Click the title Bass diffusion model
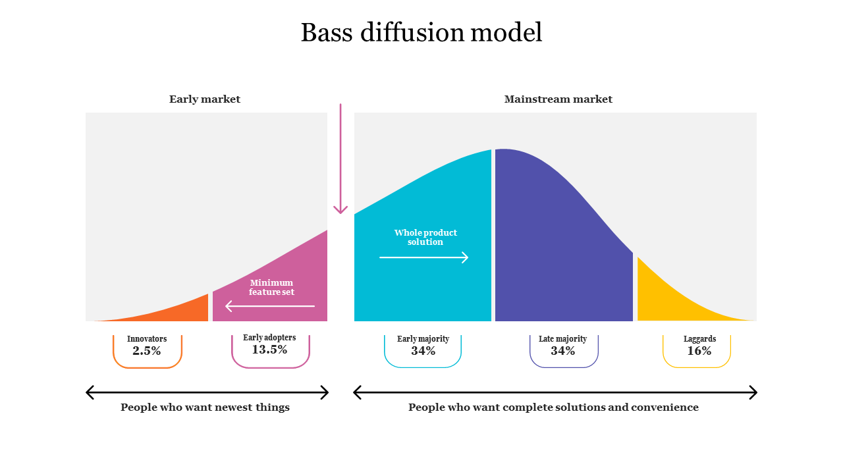(421, 33)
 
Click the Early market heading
(205, 99)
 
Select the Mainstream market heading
(558, 99)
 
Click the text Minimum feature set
(271, 288)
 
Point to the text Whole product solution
(425, 237)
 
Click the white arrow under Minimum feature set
(270, 306)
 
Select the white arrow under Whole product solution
(423, 257)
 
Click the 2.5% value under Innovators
(147, 351)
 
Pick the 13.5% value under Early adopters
(269, 350)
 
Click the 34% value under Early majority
(423, 351)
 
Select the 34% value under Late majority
(563, 351)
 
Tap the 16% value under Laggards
(699, 351)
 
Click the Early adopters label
(269, 338)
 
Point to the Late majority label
(562, 339)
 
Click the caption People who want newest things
(205, 408)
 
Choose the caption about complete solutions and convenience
(553, 408)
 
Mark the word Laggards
(699, 339)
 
